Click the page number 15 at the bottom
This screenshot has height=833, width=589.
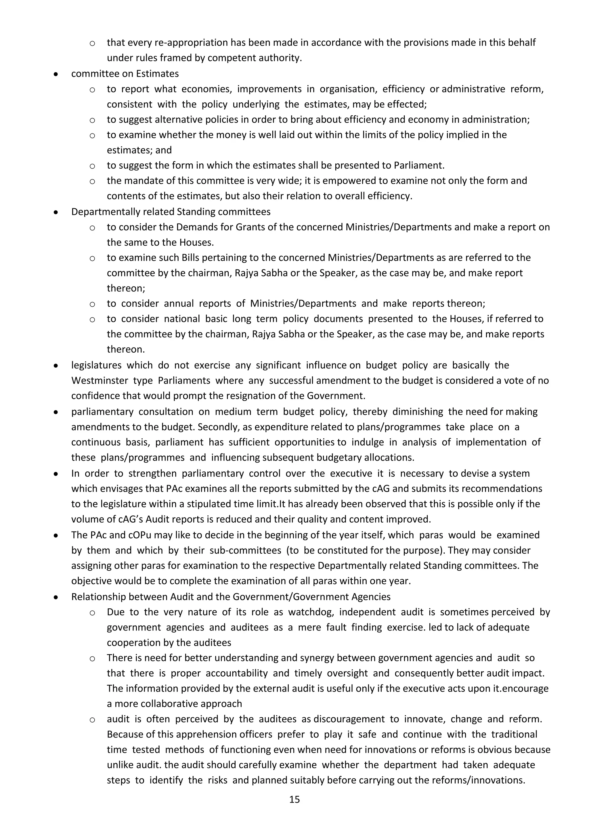click(x=294, y=809)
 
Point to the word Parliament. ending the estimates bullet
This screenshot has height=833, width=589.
click(x=419, y=165)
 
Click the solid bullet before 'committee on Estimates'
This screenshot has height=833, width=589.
click(x=56, y=74)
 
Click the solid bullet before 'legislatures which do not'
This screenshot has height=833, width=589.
click(x=56, y=366)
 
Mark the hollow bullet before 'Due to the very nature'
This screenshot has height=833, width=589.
click(x=92, y=613)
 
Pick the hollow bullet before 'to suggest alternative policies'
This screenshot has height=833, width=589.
click(x=92, y=120)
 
